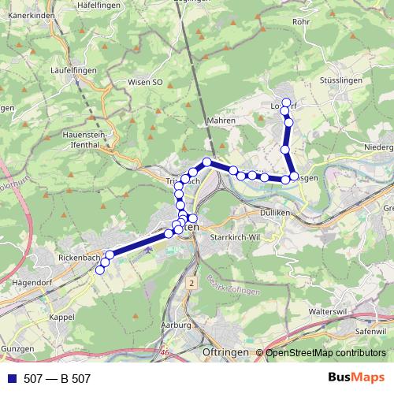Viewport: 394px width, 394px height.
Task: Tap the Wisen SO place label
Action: coord(146,81)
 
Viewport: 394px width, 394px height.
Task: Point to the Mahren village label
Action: coord(221,121)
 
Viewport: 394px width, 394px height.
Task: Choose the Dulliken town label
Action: coord(277,213)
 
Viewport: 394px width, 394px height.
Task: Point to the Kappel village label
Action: coord(61,316)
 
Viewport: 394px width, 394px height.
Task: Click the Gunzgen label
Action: coord(17,348)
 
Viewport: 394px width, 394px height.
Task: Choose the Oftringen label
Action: coord(226,351)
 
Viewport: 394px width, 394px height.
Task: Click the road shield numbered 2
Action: coord(191,281)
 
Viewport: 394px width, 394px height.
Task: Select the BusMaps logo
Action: coord(356,378)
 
